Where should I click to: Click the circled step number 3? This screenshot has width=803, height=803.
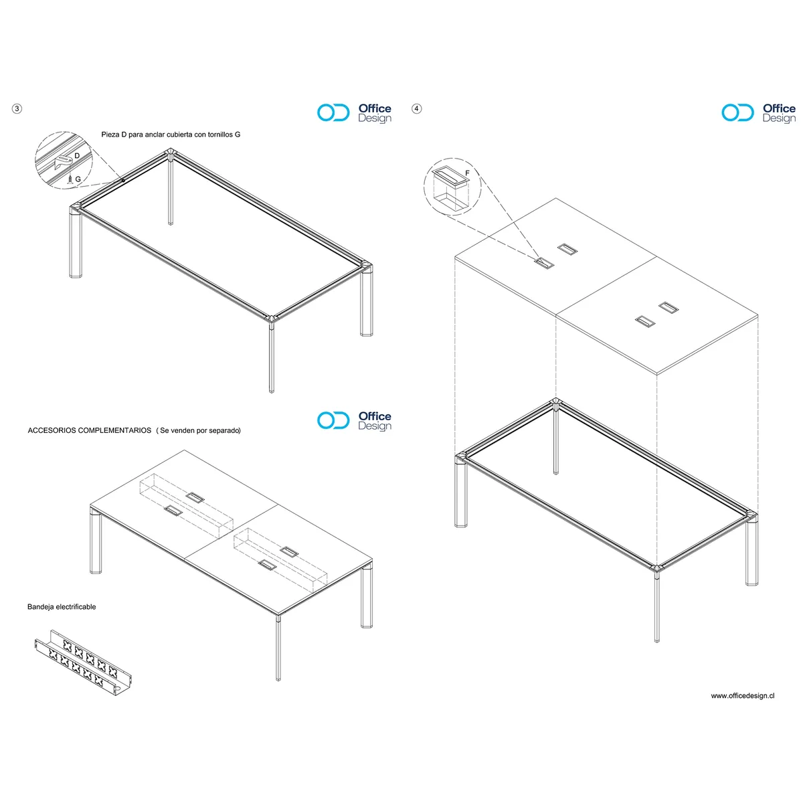click(x=17, y=108)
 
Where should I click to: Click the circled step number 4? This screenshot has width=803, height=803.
click(x=417, y=108)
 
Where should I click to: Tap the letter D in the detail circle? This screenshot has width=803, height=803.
click(x=77, y=155)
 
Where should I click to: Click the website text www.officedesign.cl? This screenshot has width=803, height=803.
click(x=742, y=696)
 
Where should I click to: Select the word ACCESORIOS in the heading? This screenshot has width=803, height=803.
click(x=52, y=430)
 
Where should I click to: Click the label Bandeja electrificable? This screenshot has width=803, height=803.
click(x=62, y=607)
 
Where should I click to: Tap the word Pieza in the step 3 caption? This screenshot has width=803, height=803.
click(x=110, y=135)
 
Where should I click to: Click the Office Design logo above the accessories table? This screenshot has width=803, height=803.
click(x=354, y=421)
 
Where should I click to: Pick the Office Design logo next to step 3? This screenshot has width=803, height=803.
click(x=354, y=113)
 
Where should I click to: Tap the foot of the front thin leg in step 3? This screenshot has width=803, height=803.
click(x=272, y=389)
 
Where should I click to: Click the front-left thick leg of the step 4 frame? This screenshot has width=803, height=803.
click(x=461, y=495)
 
